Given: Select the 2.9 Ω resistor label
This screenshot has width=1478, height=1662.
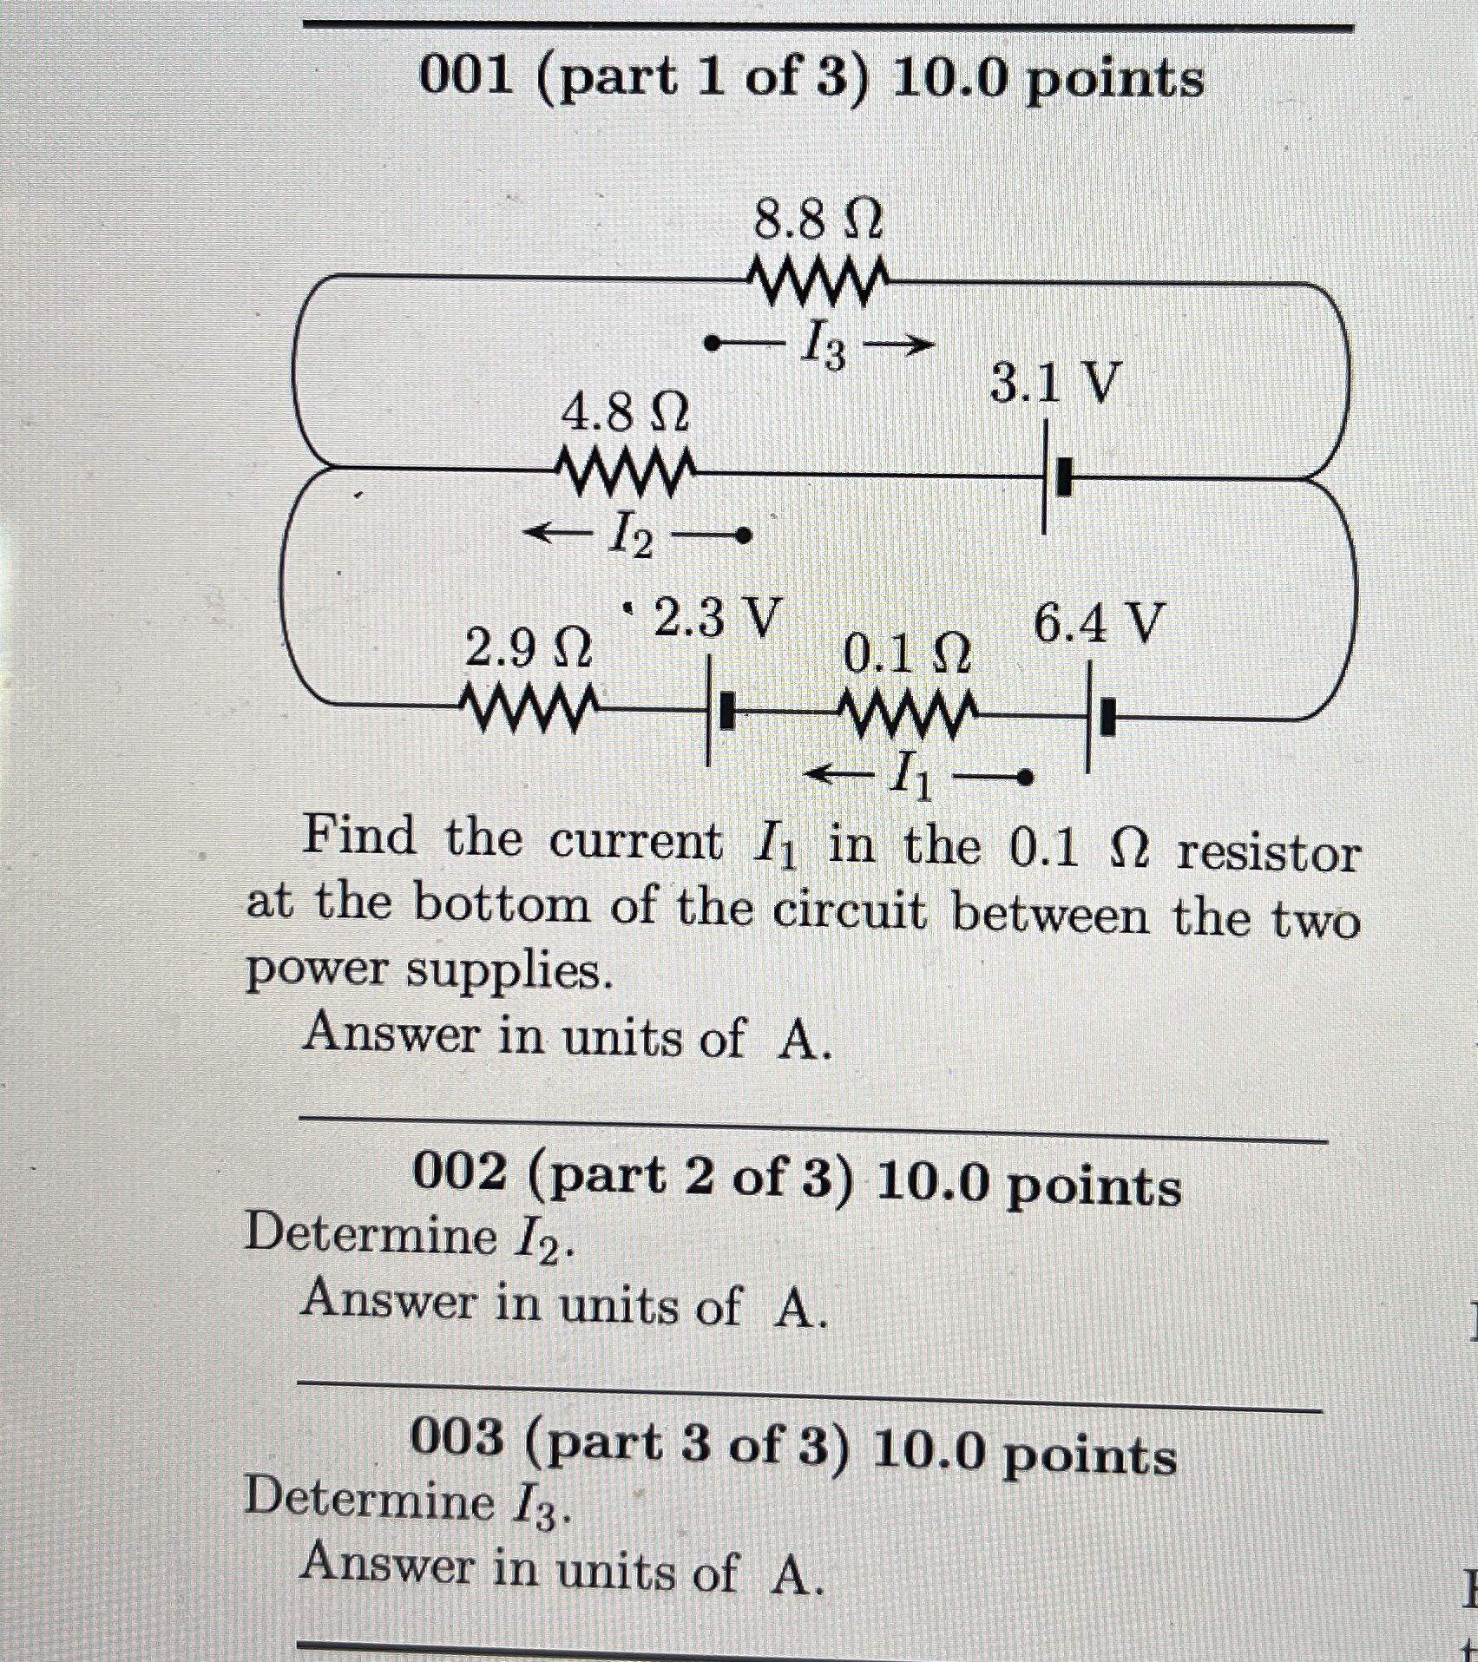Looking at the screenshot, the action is (529, 648).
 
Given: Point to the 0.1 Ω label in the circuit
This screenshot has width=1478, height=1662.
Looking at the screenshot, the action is (906, 654).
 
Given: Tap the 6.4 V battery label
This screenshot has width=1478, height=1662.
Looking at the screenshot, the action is (1097, 622).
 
